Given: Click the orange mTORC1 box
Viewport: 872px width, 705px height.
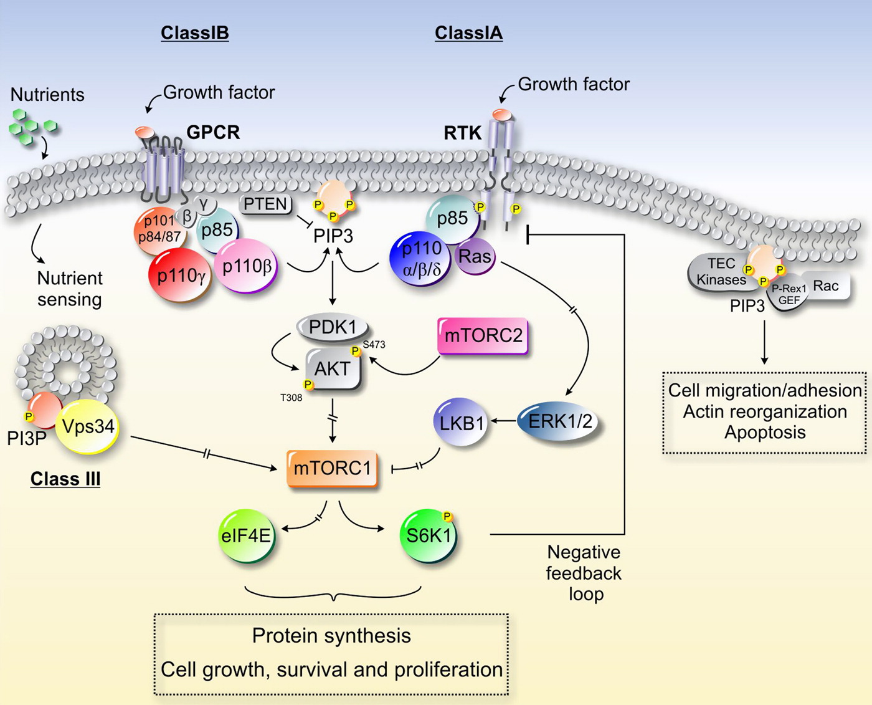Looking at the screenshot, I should [333, 468].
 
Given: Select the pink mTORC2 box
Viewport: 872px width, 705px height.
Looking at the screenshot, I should [483, 336].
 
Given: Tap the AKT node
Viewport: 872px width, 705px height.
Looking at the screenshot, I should [333, 369].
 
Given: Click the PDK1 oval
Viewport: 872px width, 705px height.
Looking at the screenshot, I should [333, 327].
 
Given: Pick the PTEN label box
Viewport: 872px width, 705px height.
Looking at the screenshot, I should [266, 204].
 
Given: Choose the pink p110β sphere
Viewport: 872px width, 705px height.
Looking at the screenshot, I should [247, 266].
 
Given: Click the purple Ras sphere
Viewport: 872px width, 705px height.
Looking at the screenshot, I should [475, 256].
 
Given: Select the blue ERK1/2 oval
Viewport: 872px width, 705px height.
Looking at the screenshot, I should [559, 422].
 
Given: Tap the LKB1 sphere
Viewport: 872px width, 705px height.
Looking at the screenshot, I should [461, 423].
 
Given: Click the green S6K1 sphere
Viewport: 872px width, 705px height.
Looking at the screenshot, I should [429, 535].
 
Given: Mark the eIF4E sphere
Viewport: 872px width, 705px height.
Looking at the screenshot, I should [247, 535].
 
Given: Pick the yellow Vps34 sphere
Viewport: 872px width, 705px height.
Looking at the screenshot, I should [88, 427].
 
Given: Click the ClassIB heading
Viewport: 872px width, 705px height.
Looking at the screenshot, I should [194, 33].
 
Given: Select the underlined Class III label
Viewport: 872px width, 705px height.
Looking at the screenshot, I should [65, 479].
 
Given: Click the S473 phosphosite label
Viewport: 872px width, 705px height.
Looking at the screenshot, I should [374, 344].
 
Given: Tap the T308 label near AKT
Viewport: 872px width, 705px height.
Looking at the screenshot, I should [291, 398].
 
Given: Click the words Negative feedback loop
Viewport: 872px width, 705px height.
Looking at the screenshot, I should [584, 573].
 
